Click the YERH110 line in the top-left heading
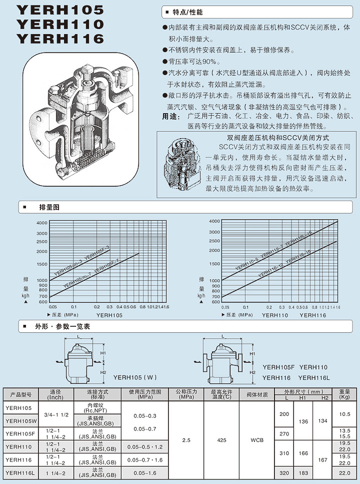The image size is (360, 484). (60, 24)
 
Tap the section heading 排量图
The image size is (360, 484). (49, 207)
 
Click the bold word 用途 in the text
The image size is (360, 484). (170, 117)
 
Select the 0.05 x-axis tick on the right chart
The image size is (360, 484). (225, 307)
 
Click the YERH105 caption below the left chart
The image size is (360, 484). (109, 315)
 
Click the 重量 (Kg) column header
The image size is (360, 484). (344, 394)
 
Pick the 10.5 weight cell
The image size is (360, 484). (344, 414)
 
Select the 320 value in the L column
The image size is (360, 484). (283, 472)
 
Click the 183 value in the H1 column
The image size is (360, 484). (302, 472)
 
